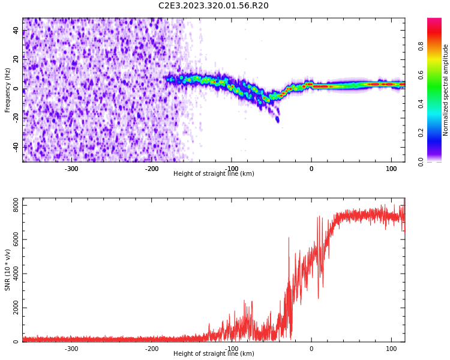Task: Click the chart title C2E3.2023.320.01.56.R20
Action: click(213, 6)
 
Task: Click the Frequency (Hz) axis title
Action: click(8, 90)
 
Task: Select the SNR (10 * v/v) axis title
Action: click(8, 270)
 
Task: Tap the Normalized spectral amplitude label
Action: click(446, 90)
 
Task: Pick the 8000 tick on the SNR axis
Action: click(13, 205)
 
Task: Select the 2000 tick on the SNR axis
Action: click(13, 308)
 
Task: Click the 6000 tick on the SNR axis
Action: click(13, 239)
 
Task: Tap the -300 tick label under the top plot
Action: click(71, 169)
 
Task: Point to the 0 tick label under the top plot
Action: click(311, 169)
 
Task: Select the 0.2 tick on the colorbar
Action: click(421, 133)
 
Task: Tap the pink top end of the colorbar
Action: click(434, 21)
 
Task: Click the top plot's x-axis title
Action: click(214, 174)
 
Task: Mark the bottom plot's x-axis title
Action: click(214, 354)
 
